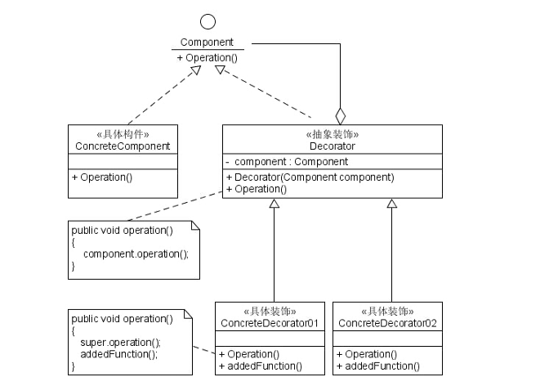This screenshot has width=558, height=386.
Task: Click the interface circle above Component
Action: click(207, 22)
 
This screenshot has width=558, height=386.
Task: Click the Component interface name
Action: click(207, 43)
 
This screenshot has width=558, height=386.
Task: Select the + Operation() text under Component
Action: click(207, 58)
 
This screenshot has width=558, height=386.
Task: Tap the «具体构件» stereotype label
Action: click(123, 134)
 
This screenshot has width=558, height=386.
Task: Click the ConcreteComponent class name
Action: click(123, 146)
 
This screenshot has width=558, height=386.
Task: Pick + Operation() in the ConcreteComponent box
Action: click(102, 177)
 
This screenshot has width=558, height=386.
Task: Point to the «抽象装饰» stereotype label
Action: click(332, 134)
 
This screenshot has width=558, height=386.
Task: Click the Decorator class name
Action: click(332, 146)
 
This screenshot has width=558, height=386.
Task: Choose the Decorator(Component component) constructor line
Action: click(310, 177)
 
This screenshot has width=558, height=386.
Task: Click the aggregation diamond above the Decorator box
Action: click(341, 115)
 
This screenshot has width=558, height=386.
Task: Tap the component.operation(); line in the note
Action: click(136, 254)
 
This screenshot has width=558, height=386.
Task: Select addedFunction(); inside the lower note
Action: click(119, 354)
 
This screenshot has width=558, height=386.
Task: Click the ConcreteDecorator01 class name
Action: click(270, 324)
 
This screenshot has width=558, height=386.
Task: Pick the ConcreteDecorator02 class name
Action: click(387, 324)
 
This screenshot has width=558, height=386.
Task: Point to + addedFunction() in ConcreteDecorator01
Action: click(260, 366)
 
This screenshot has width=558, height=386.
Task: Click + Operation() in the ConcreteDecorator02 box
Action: click(367, 354)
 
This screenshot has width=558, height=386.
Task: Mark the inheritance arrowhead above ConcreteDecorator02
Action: click(391, 203)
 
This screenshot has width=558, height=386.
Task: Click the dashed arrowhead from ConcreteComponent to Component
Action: click(194, 71)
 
